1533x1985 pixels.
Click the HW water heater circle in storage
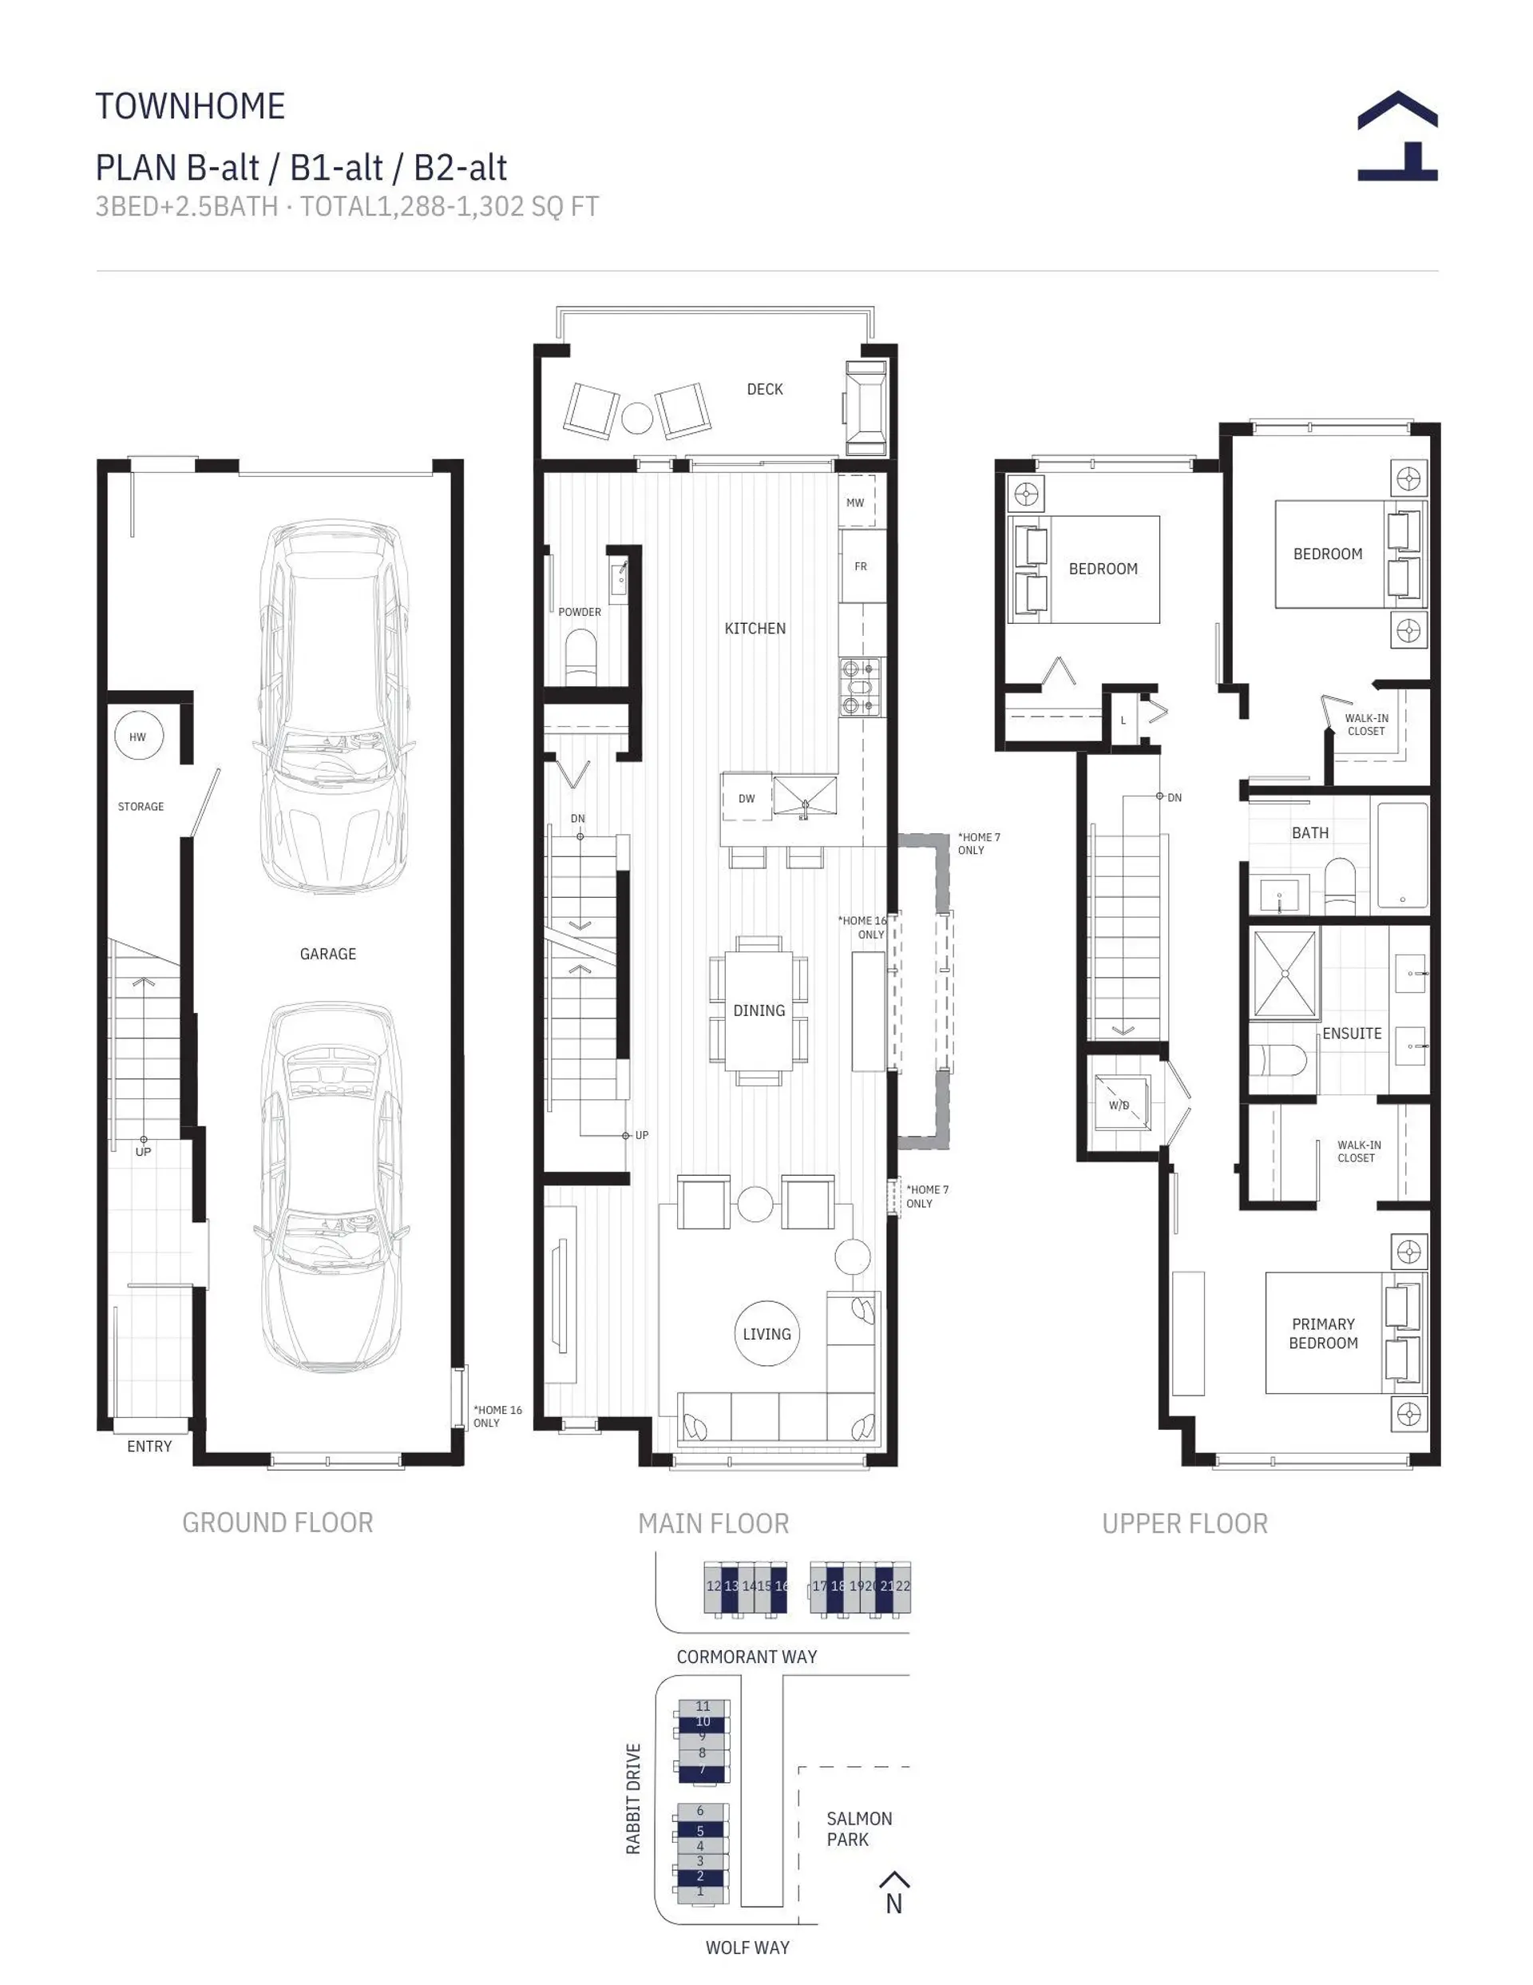(x=138, y=736)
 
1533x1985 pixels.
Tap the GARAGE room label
(x=328, y=954)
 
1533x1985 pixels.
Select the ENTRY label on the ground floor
(x=149, y=1446)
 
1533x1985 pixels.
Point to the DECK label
(x=764, y=389)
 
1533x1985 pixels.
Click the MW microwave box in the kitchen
(x=856, y=502)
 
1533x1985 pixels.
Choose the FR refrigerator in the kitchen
(x=862, y=566)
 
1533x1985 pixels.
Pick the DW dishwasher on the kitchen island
(x=746, y=798)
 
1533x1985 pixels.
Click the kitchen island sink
(x=804, y=797)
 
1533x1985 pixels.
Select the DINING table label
(x=759, y=1010)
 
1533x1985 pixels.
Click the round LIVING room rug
(x=767, y=1333)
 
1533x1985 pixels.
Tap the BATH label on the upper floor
(x=1309, y=832)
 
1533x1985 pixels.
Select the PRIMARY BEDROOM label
(x=1323, y=1333)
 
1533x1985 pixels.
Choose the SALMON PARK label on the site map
(x=859, y=1828)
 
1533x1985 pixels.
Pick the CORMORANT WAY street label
(x=746, y=1657)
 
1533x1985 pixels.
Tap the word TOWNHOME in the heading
(x=191, y=106)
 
